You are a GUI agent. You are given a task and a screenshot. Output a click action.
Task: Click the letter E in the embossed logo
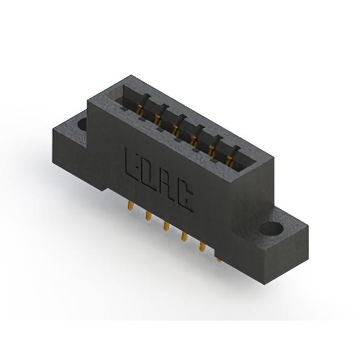[x=132, y=165]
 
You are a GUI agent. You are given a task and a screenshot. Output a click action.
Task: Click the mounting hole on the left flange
[x=82, y=124]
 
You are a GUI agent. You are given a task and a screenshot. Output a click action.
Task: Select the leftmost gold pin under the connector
[x=130, y=206]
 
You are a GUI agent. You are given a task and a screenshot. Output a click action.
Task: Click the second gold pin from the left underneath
[x=148, y=216]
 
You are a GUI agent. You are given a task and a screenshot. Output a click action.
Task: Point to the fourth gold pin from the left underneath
[x=184, y=236]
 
